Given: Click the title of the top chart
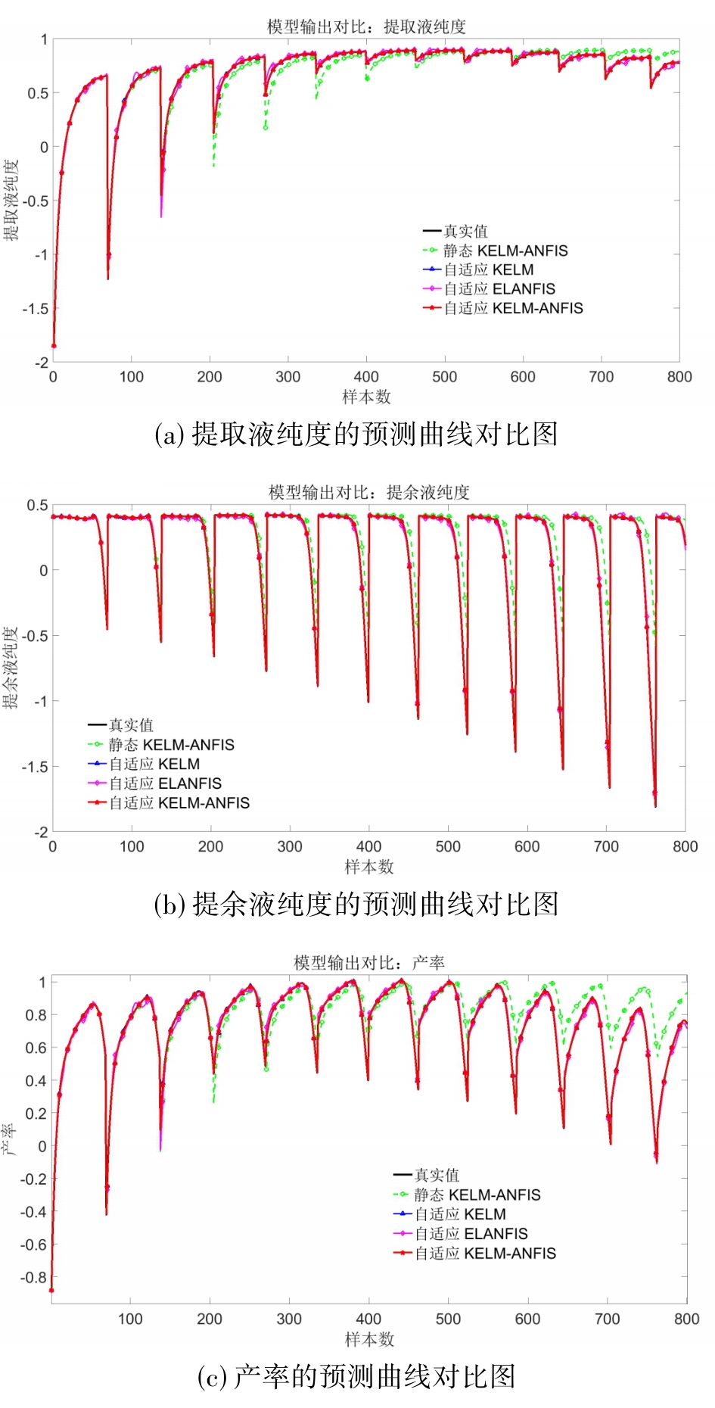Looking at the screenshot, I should [x=366, y=27].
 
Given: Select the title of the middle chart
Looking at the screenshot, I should [x=369, y=492].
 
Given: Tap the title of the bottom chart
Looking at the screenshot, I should [x=369, y=963].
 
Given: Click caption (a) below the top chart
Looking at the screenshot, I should [x=356, y=435].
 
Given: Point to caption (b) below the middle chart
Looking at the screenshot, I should [x=356, y=904].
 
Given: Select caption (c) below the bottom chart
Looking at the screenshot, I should [x=356, y=1376].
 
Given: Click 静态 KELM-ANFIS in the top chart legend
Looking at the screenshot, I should [x=505, y=251].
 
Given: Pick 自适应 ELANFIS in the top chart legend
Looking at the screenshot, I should [x=499, y=289].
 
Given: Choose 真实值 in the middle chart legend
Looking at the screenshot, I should [x=131, y=725].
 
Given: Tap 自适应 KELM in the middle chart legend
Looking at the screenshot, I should [x=154, y=765].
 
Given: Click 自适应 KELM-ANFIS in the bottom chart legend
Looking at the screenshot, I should [x=484, y=1254].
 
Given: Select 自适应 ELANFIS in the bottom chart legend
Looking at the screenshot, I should [x=471, y=1234].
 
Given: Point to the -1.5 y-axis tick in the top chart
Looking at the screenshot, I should [x=35, y=309].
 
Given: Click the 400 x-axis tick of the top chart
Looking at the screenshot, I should [x=366, y=377].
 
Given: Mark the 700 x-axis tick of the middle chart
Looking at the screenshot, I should [x=606, y=846].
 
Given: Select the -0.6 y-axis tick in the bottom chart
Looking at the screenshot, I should [x=34, y=1244].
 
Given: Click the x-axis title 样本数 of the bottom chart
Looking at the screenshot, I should [x=369, y=1339].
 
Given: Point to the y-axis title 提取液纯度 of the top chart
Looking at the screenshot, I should [x=11, y=201].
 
